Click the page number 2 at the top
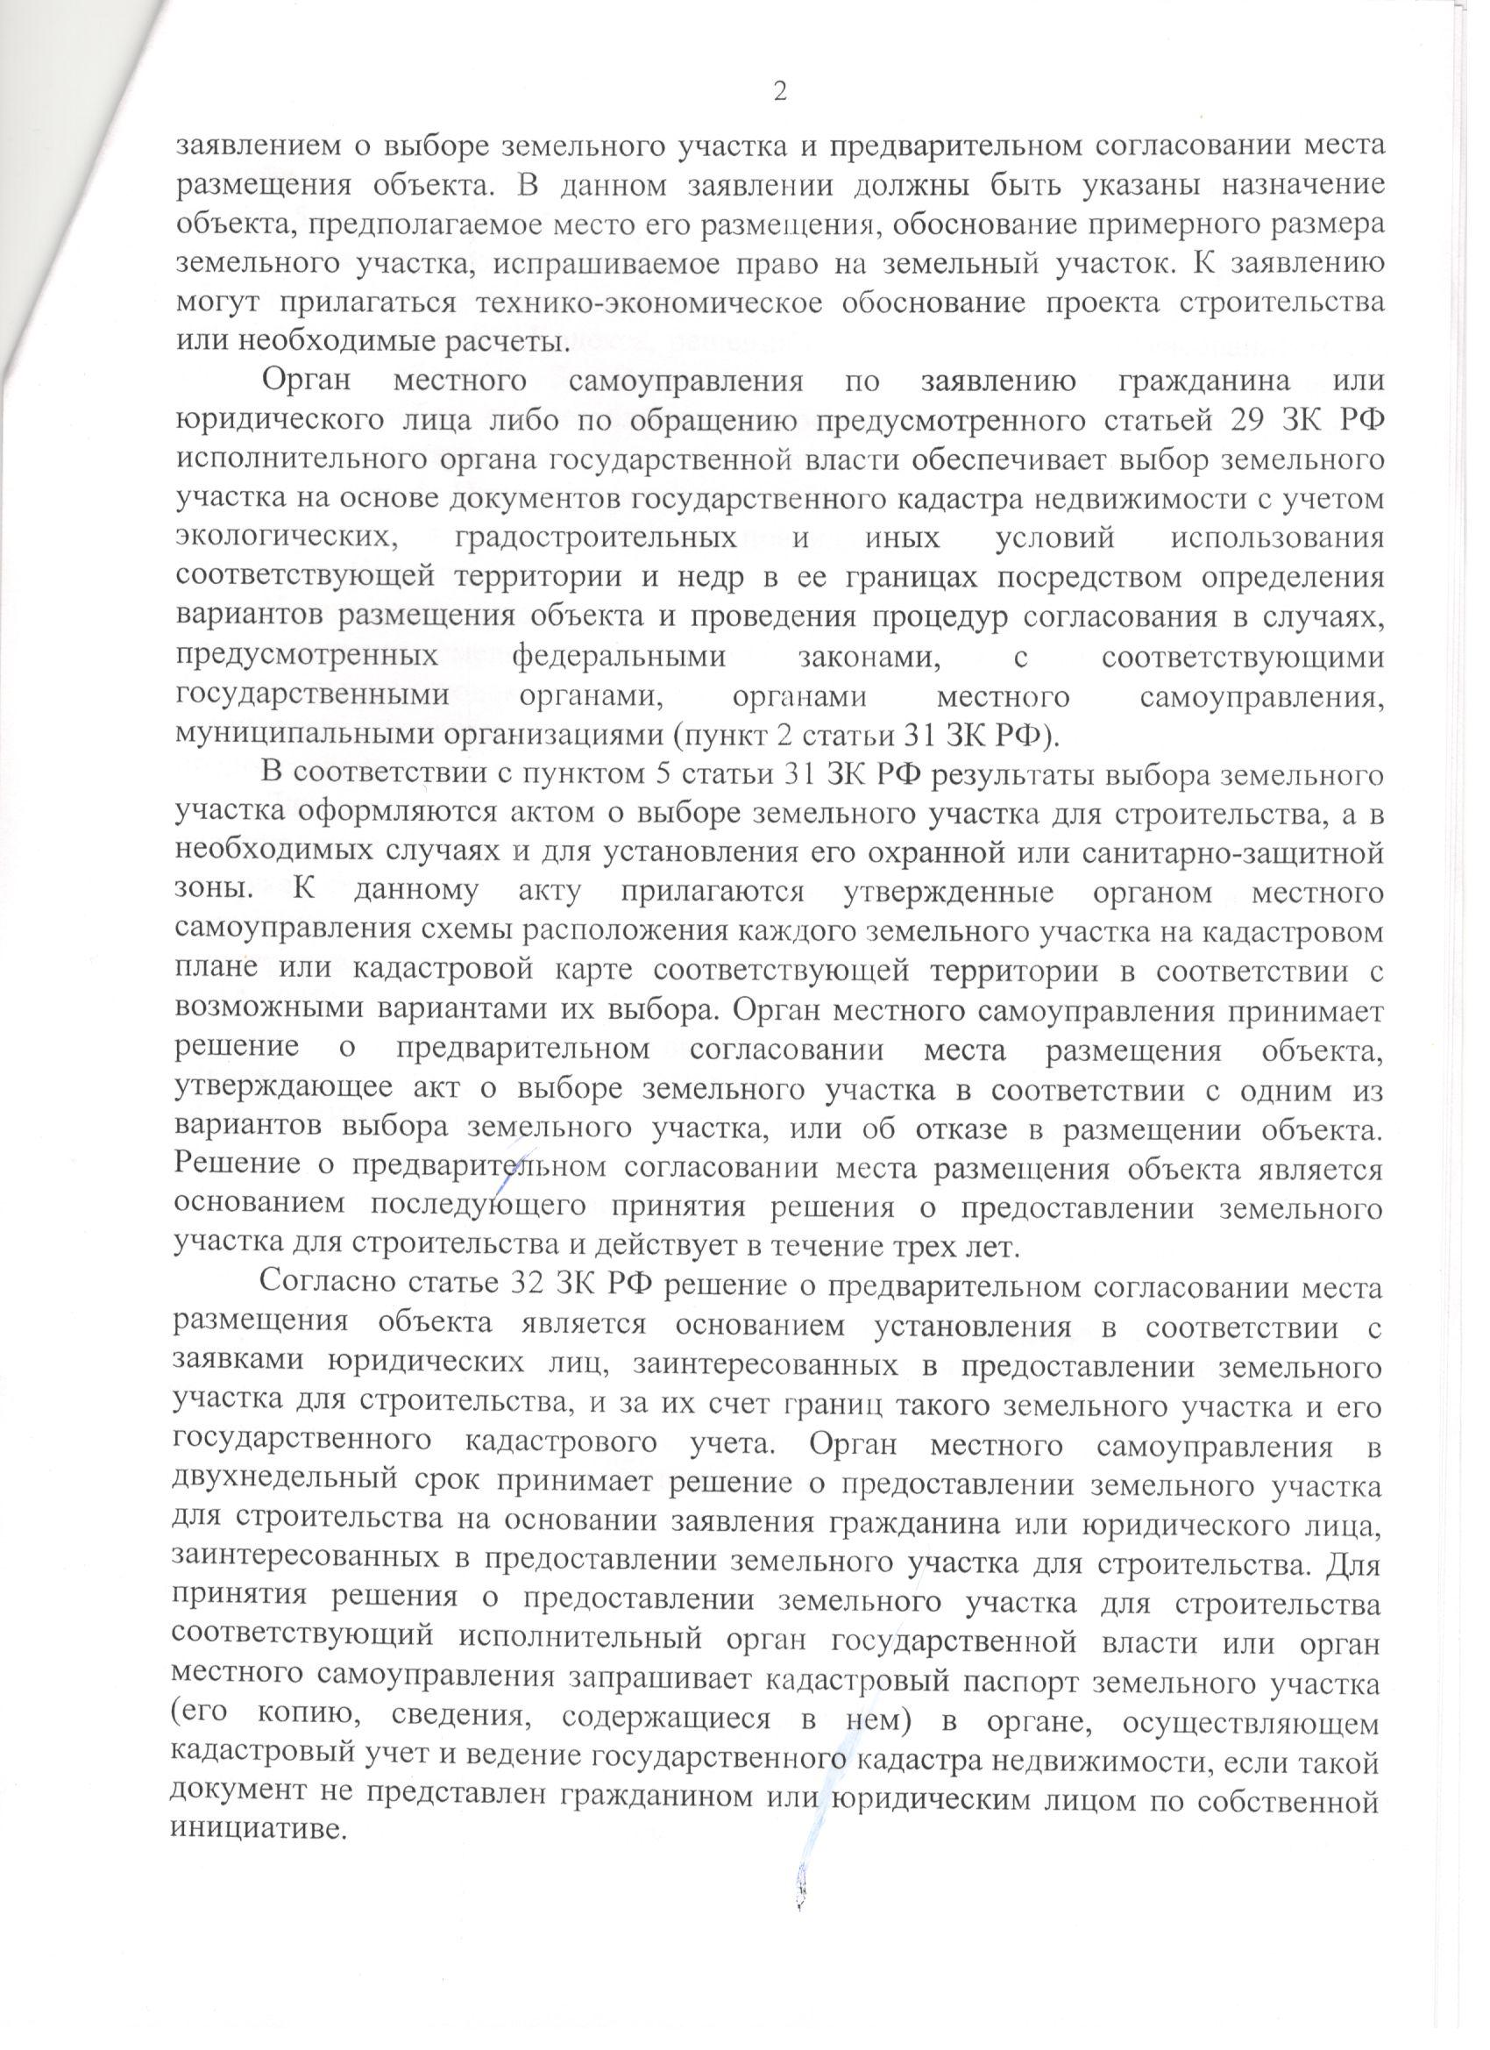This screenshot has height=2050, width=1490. (780, 91)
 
